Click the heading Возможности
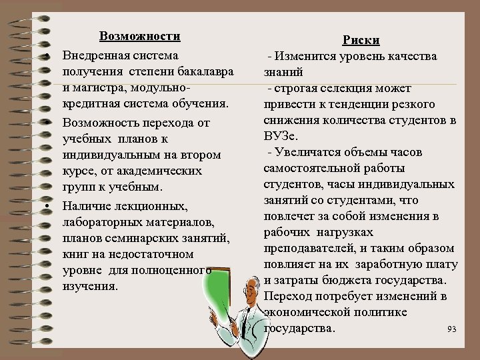coord(140,36)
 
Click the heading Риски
coord(361,40)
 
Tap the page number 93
coord(452,329)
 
